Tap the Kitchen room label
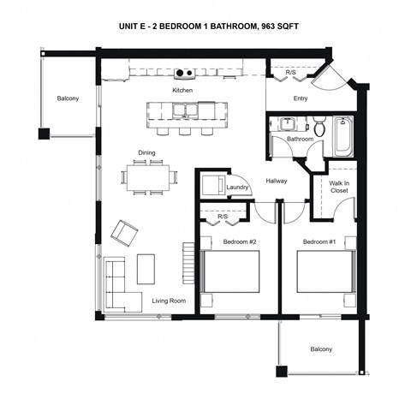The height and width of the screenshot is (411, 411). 182,90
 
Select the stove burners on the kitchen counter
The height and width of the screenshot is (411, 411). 182,73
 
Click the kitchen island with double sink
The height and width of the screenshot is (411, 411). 182,112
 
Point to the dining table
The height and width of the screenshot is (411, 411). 150,177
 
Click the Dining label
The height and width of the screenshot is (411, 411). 146,153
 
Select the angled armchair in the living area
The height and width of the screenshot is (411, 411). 125,231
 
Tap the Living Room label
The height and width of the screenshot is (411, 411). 170,301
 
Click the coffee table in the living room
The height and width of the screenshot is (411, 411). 146,268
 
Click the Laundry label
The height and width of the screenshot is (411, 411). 237,187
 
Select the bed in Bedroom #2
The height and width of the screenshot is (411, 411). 230,271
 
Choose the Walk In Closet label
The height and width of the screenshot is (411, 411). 340,187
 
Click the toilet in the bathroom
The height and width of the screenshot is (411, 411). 319,128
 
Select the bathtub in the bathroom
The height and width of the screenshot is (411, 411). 342,137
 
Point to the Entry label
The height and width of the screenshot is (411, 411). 301,98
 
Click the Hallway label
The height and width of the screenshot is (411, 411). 276,181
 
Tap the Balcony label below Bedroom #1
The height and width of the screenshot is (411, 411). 321,349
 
